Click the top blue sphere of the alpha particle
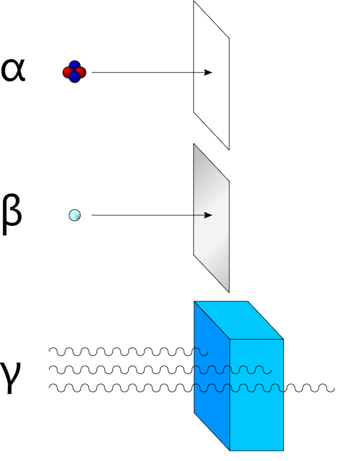coord(74,66)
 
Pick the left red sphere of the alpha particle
coord(68,72)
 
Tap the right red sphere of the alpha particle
coord(81,72)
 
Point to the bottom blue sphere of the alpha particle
coord(74,78)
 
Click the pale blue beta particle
coord(74,215)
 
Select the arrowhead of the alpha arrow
coord(209,72)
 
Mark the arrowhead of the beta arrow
coord(209,215)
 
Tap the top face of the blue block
coord(238,320)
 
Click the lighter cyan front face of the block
coord(256,413)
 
